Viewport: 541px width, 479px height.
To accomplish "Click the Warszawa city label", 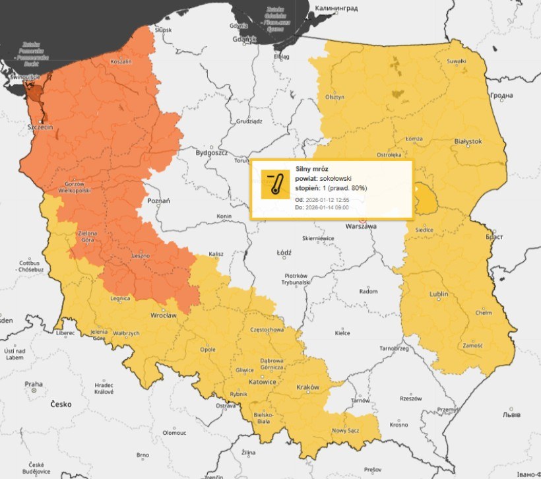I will (361, 226).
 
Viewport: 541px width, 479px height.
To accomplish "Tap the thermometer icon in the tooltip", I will (275, 184).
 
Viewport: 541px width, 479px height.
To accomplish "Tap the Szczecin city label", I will (40, 127).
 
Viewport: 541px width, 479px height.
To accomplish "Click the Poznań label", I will (159, 201).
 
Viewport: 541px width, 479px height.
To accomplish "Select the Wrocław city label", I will (163, 315).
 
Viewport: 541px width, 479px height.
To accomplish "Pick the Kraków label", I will (307, 387).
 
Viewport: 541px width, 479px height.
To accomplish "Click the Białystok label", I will (468, 141).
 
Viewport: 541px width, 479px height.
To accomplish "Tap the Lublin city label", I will (439, 294).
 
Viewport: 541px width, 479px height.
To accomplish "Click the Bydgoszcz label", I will (212, 152).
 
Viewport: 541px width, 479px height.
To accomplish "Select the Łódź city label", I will (284, 252).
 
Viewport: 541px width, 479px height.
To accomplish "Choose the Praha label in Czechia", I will (34, 384).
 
